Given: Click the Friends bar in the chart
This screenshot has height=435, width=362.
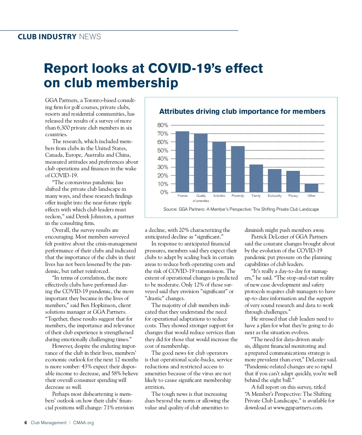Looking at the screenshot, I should (x=182, y=162).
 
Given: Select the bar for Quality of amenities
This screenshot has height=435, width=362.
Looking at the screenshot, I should (x=201, y=163).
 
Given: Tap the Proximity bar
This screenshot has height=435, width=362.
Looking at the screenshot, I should (x=238, y=169).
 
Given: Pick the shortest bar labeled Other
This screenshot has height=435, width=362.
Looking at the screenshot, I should (x=311, y=188).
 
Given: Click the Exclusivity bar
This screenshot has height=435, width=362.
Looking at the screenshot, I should (x=275, y=181).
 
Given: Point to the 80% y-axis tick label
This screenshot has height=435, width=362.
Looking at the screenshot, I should (x=163, y=125).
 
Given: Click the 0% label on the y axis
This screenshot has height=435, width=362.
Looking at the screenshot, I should (x=164, y=192).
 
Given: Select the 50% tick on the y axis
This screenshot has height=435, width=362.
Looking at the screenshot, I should (x=163, y=150).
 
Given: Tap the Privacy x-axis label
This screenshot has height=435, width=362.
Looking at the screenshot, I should (x=293, y=196).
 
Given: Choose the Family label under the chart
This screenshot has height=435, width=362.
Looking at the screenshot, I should (x=256, y=196).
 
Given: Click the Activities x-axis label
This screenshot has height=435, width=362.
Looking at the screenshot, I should (x=219, y=196).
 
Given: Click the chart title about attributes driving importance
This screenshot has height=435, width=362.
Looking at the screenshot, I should (x=242, y=111).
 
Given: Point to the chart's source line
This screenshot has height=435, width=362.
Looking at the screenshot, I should (x=241, y=209).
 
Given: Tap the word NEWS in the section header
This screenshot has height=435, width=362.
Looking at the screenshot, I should (x=90, y=37).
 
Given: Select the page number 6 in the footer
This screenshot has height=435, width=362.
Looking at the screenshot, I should (x=26, y=423).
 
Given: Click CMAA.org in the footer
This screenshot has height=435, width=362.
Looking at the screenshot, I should (x=84, y=423).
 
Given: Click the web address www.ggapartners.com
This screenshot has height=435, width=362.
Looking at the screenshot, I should (x=298, y=408).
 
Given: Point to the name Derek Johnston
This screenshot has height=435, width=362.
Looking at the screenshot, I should (x=94, y=216).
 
